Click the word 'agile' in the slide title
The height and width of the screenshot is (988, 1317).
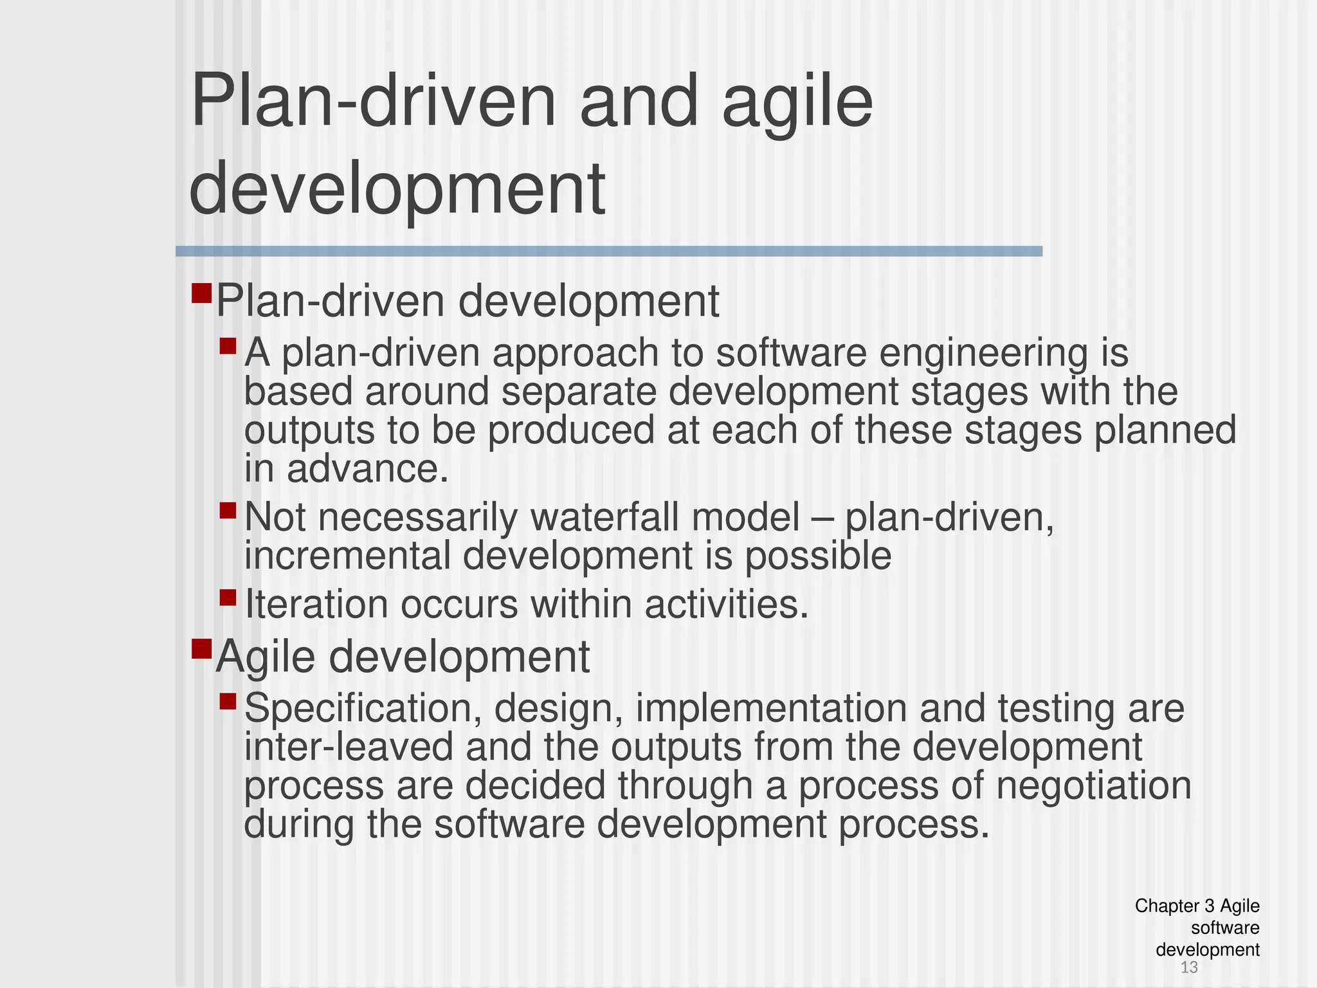[797, 103]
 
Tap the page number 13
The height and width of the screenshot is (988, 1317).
[1189, 967]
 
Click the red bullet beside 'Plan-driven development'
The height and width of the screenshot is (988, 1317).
[201, 294]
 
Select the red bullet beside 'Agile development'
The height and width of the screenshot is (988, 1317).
[201, 648]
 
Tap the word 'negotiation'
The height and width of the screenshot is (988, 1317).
[1093, 785]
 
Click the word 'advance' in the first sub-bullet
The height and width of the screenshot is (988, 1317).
[367, 469]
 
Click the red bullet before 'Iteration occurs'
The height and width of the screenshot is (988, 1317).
[228, 598]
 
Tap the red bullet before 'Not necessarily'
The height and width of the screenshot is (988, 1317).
[228, 511]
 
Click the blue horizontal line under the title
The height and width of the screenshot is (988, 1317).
[608, 252]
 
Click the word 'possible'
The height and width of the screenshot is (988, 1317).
[818, 556]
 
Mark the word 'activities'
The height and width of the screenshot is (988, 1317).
[726, 605]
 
